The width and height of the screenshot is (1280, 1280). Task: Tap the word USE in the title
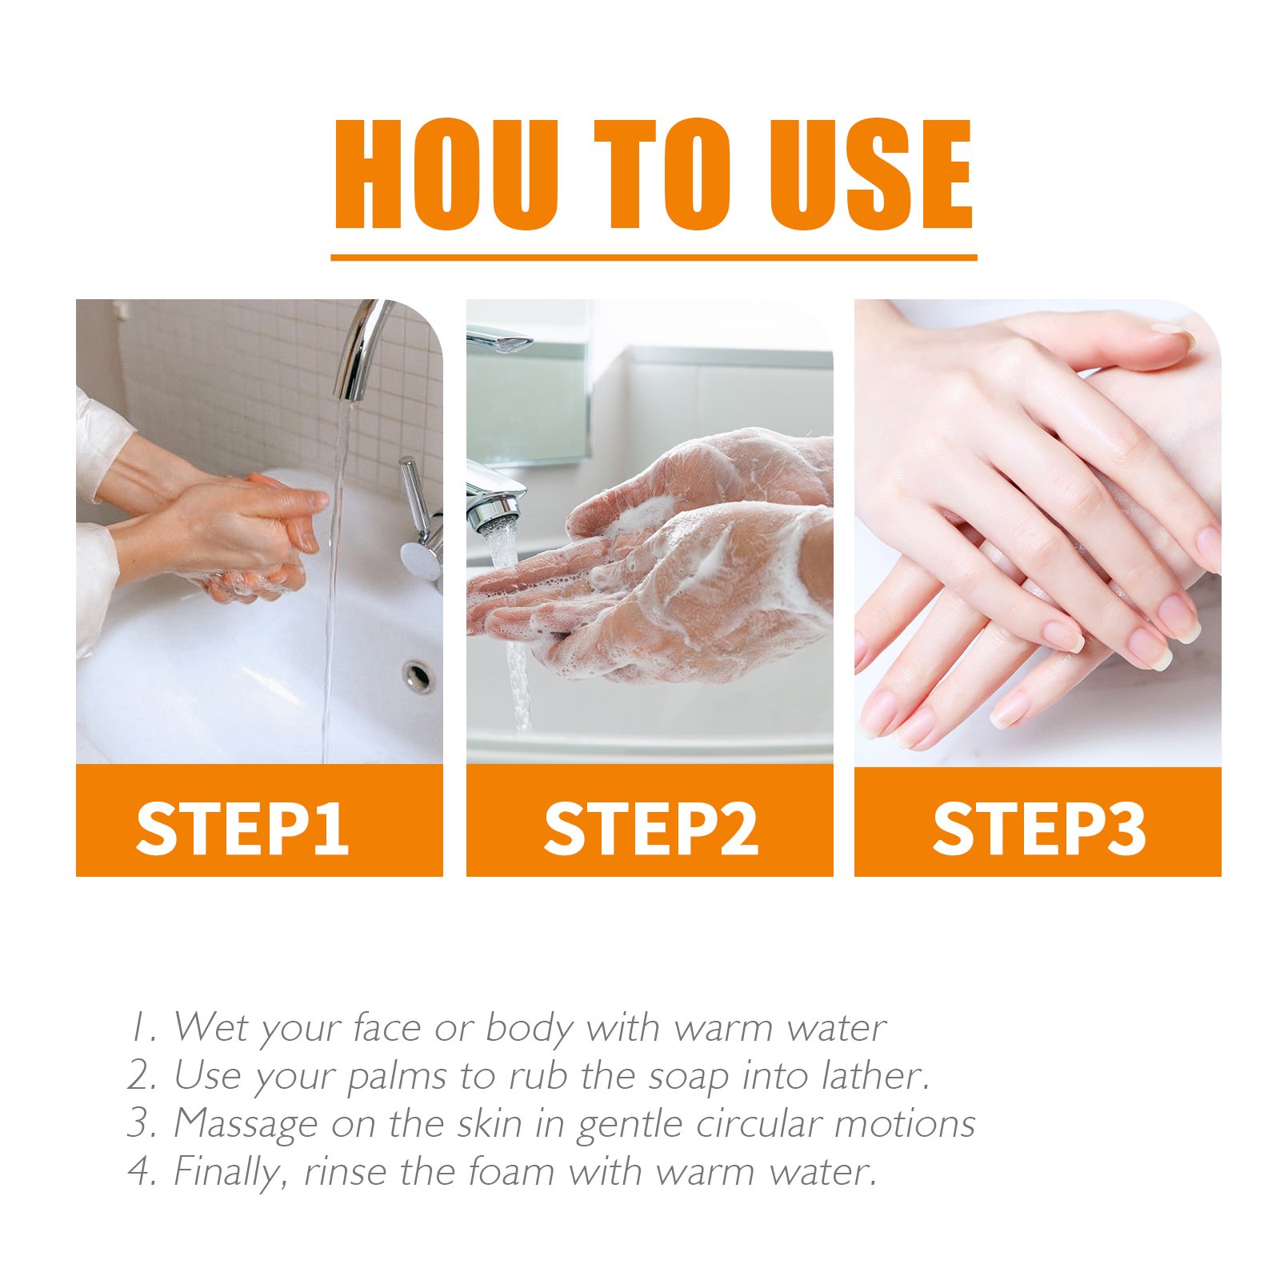(x=870, y=174)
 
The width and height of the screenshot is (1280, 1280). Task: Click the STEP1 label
(x=242, y=828)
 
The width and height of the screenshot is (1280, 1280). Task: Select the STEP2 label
(x=650, y=828)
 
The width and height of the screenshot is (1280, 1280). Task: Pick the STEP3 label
(x=1039, y=828)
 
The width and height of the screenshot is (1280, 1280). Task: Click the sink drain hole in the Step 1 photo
(x=418, y=676)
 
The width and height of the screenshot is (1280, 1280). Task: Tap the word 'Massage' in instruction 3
(x=246, y=1125)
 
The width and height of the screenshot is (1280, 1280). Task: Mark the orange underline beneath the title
(x=654, y=258)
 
